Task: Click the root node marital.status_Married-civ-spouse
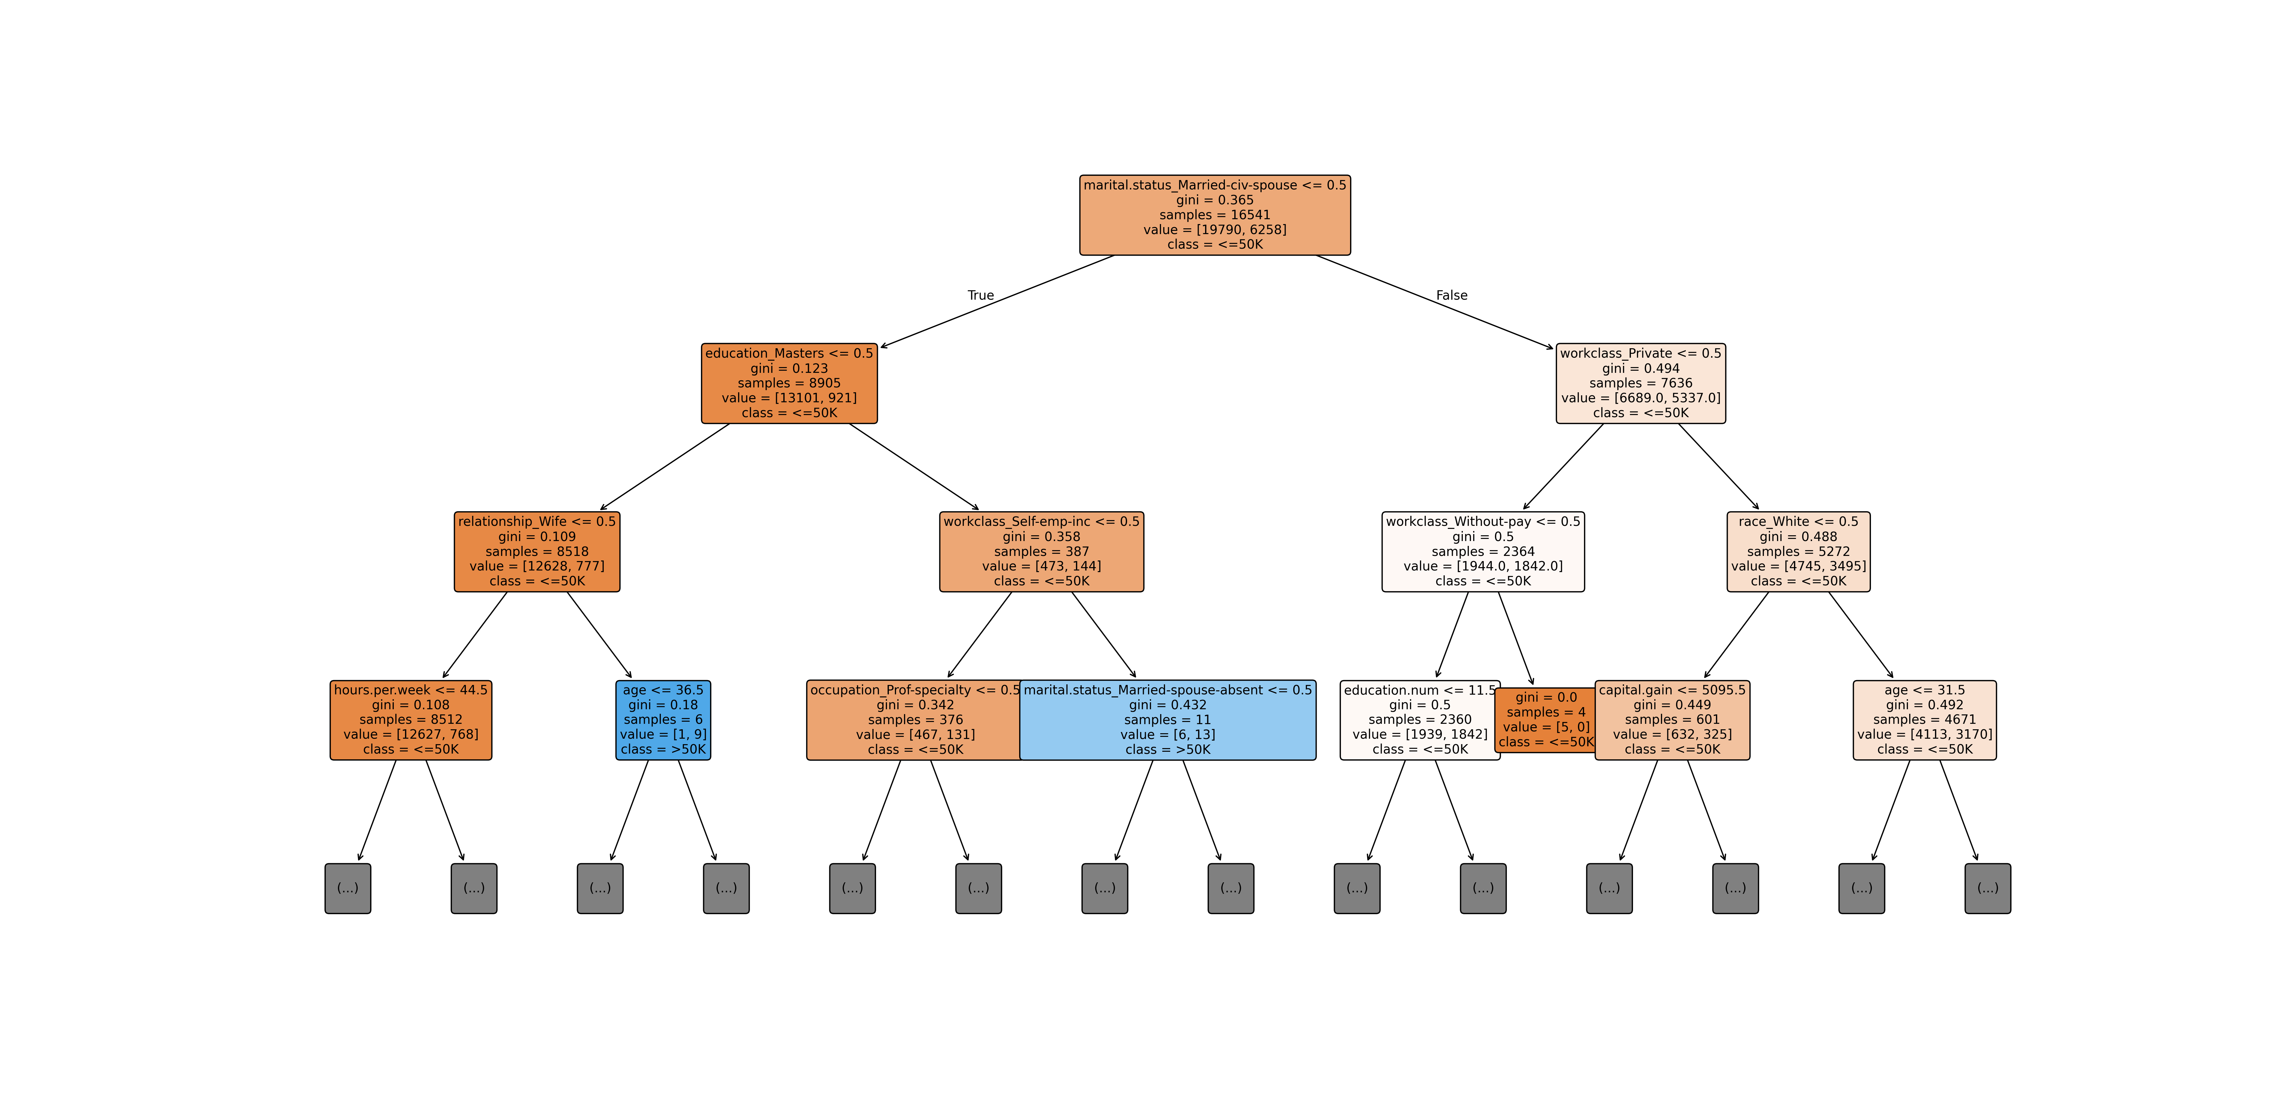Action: click(x=1215, y=215)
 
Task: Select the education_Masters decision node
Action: click(x=789, y=383)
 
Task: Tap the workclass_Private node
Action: click(x=1640, y=383)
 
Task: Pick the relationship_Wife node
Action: click(x=537, y=551)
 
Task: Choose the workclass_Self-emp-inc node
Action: click(x=1041, y=551)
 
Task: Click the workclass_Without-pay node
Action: click(x=1483, y=551)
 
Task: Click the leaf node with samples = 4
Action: click(x=1545, y=720)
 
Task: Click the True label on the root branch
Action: click(x=980, y=295)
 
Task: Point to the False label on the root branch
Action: click(x=1451, y=295)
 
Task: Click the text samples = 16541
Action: click(x=1215, y=215)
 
